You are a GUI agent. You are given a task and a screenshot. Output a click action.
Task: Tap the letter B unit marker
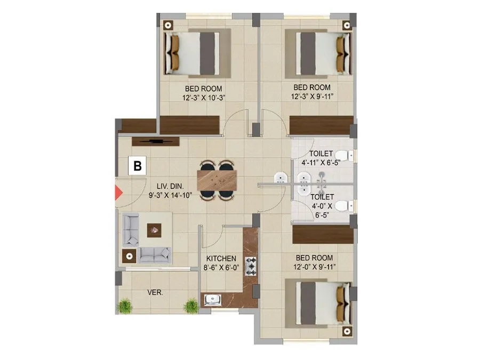point(138,166)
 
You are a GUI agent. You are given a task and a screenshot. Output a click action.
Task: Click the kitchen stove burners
point(251,266)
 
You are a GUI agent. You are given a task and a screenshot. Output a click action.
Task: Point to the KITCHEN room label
point(221,259)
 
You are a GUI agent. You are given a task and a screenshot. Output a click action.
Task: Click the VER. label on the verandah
point(155,293)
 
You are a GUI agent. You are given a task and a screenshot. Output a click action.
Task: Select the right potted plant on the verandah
point(191,305)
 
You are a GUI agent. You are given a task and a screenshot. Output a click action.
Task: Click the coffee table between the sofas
point(155,230)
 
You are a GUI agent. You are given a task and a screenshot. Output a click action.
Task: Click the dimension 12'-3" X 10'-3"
point(203,97)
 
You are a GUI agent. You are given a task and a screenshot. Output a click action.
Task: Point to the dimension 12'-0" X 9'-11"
point(314,267)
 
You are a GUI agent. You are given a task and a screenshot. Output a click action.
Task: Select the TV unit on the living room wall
point(155,141)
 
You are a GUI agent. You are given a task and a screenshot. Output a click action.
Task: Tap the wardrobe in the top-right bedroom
point(321,125)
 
